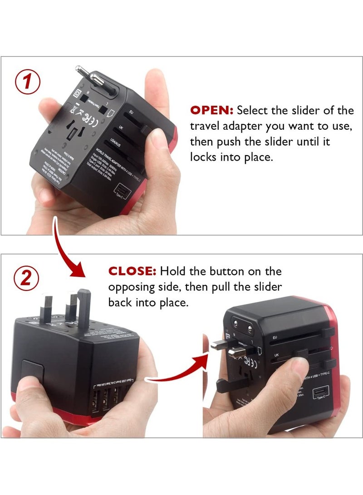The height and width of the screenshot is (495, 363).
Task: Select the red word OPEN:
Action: [x=211, y=110]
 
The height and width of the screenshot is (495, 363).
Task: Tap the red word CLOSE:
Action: [x=132, y=271]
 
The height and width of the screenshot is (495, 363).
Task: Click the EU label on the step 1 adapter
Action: [x=131, y=111]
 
